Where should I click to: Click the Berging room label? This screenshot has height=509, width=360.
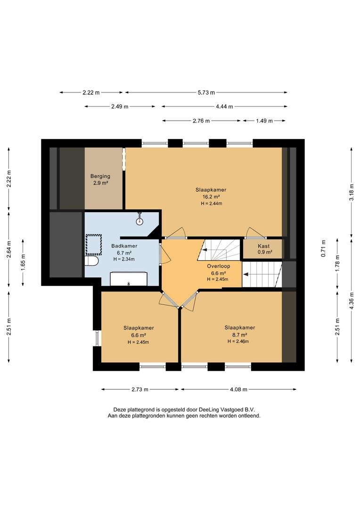tap(100, 176)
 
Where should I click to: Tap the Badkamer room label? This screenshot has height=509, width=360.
tap(124, 246)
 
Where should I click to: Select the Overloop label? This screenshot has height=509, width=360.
tap(219, 266)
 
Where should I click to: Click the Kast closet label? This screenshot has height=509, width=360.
tap(263, 246)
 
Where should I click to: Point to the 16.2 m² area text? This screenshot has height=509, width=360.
tap(211, 197)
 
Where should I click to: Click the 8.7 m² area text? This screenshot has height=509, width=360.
tap(240, 335)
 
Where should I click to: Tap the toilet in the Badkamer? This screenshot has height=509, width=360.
tap(91, 261)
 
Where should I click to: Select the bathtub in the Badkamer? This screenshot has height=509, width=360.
tap(129, 279)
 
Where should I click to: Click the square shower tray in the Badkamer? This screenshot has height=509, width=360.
tap(93, 245)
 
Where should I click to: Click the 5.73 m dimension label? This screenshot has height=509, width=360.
tap(206, 92)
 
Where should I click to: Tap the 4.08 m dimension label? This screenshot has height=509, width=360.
tap(238, 390)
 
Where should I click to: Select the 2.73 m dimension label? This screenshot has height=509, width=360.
tap(140, 390)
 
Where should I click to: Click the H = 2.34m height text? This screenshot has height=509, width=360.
tap(124, 259)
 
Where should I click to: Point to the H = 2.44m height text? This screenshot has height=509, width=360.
tap(211, 204)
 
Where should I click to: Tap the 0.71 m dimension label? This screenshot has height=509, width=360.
tap(323, 249)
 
